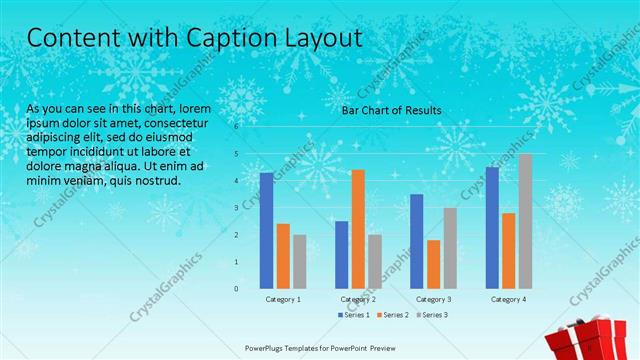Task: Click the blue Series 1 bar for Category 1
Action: click(267, 231)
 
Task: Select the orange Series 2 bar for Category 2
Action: click(358, 229)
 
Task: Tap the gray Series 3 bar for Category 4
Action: click(525, 221)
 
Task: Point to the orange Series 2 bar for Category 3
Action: click(433, 264)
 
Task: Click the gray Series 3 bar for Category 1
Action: click(300, 261)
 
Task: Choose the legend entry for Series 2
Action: click(395, 315)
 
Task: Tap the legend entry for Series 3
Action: click(433, 315)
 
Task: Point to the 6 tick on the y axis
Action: click(237, 127)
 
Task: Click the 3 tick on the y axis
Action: click(237, 208)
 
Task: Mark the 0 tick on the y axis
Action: click(237, 289)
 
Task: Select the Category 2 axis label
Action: click(358, 299)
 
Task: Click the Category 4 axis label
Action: click(509, 299)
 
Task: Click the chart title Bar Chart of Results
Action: click(392, 110)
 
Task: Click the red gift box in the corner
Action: click(599, 340)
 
